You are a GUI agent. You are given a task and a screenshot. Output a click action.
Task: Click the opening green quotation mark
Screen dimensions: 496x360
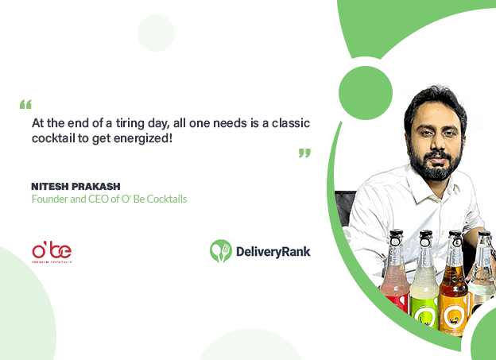[25, 104]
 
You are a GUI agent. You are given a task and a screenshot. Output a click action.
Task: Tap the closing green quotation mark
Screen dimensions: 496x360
[304, 153]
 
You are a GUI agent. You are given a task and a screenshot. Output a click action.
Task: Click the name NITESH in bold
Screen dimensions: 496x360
[50, 187]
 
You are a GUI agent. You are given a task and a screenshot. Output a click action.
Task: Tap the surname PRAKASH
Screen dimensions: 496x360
[96, 187]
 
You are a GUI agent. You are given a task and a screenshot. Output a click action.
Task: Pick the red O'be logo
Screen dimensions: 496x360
[52, 253]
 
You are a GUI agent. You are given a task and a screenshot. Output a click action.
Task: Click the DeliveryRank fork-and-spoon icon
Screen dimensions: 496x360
[221, 251]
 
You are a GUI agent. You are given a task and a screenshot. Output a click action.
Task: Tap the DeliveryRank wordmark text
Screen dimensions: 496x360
[273, 252]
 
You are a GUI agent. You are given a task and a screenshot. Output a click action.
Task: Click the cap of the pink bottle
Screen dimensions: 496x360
[396, 234]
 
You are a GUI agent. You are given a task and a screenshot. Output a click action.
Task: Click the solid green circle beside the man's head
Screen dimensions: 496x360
[366, 93]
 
